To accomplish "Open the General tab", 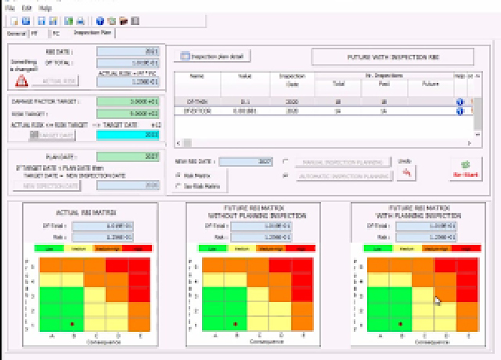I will tap(16, 34).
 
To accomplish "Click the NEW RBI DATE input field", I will tap(246, 162).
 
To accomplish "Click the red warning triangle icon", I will tap(22, 81).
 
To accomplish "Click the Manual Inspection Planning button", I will tap(344, 162).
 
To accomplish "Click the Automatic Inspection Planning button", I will tap(344, 177).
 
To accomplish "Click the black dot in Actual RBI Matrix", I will tap(72, 322).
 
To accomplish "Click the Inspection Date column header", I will tap(291, 79).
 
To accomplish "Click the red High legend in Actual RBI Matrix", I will tap(139, 248).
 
